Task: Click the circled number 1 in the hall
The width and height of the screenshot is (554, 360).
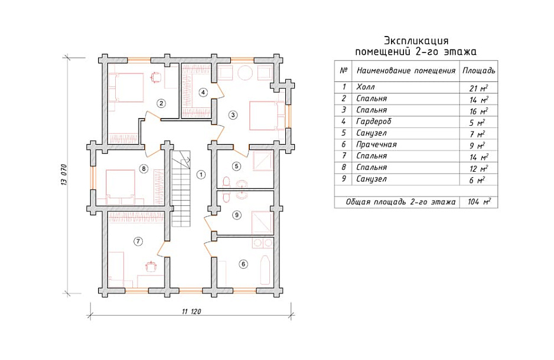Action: (x=201, y=174)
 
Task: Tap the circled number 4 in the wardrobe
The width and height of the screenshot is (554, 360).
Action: (x=203, y=93)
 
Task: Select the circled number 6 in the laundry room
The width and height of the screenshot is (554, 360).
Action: (x=243, y=264)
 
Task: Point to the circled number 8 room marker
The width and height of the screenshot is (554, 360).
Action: (x=144, y=169)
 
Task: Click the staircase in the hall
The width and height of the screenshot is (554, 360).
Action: (x=181, y=189)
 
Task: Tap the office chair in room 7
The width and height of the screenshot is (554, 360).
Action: (x=151, y=266)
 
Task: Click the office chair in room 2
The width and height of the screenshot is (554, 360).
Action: (x=155, y=76)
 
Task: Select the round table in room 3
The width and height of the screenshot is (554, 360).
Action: (x=245, y=73)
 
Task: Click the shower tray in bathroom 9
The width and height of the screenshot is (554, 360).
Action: (x=262, y=222)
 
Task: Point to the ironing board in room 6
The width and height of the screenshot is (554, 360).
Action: (x=265, y=270)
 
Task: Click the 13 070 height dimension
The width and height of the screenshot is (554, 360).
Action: (x=64, y=175)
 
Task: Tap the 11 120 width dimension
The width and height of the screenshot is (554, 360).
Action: (x=191, y=312)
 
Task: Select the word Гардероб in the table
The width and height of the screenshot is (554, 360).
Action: (x=374, y=122)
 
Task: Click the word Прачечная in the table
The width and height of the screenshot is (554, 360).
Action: (x=376, y=145)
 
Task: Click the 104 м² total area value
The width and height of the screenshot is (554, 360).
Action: (x=480, y=202)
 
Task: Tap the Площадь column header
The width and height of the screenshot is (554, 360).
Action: (x=479, y=70)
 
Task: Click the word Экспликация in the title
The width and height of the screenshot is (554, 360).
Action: (x=416, y=40)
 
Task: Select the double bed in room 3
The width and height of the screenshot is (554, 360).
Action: (x=267, y=116)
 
